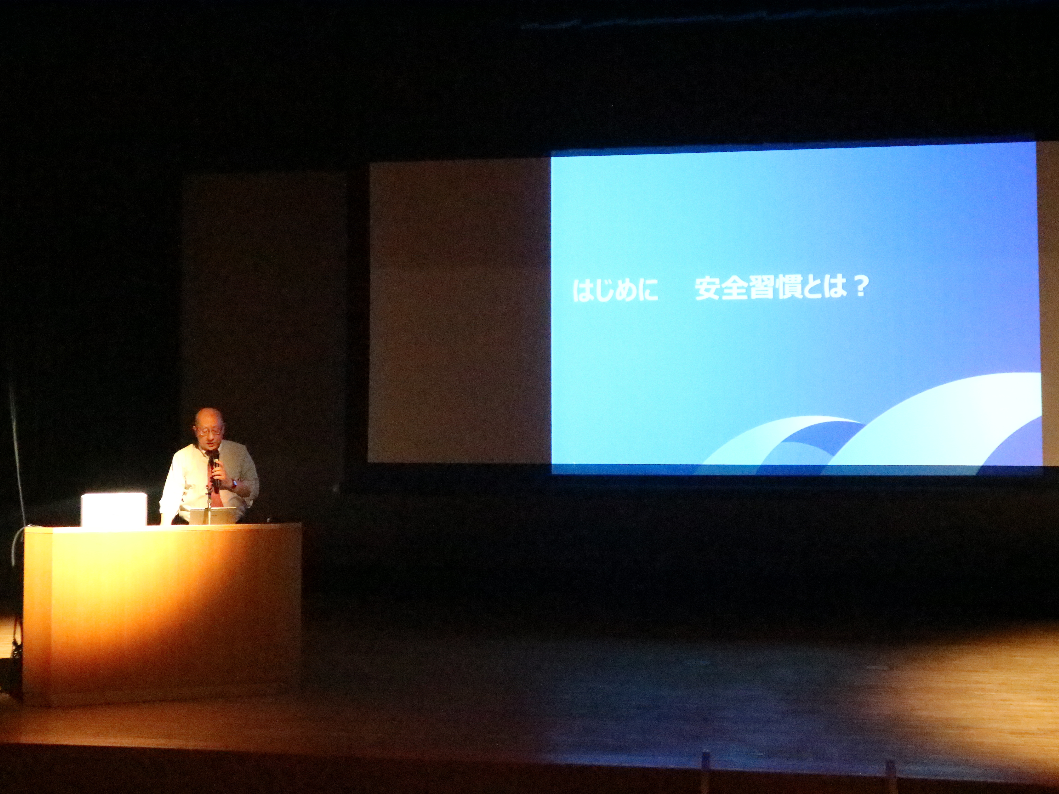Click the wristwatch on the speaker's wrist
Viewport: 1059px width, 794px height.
234,483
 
